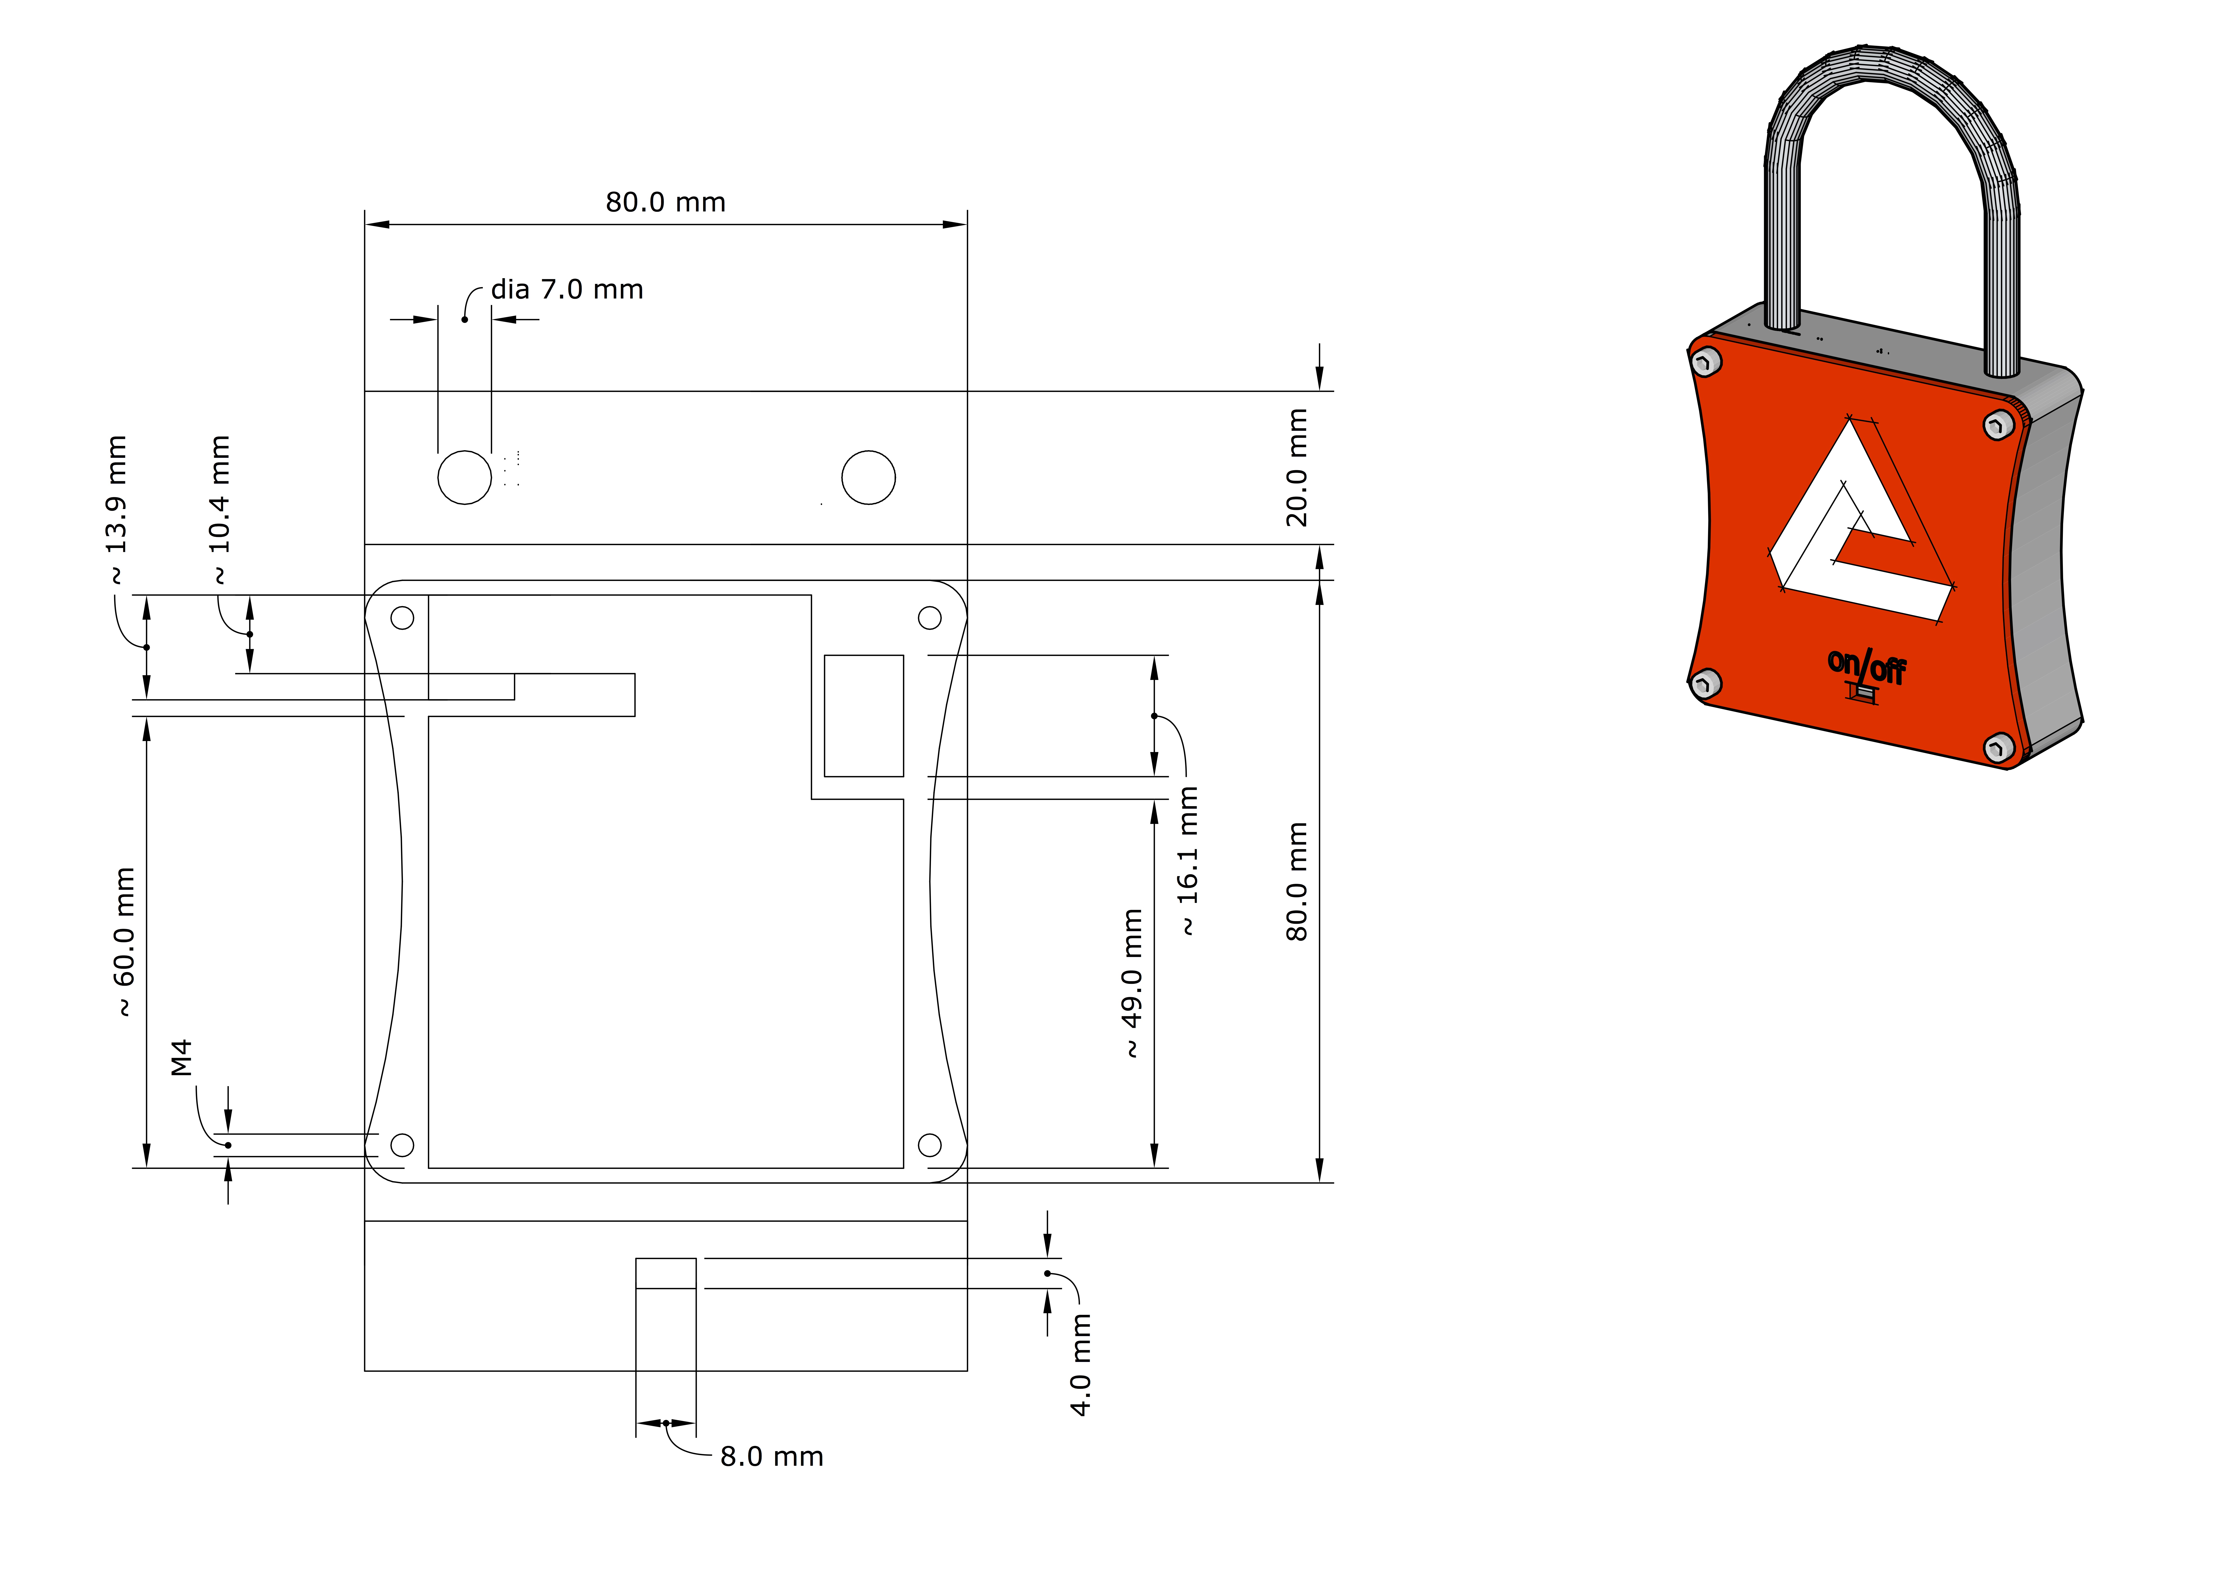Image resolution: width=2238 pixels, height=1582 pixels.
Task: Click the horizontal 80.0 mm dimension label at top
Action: tap(666, 203)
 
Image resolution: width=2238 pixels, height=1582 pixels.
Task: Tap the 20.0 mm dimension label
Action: tap(1296, 468)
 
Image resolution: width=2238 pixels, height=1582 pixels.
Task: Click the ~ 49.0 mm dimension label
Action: tap(1132, 983)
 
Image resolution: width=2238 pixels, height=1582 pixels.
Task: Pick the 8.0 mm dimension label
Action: tap(771, 1456)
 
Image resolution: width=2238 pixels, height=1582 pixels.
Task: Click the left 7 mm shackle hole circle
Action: tap(465, 478)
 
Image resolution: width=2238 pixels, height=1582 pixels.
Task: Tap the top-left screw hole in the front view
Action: tap(403, 618)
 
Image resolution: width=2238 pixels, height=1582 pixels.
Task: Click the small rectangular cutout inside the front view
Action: tap(864, 715)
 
